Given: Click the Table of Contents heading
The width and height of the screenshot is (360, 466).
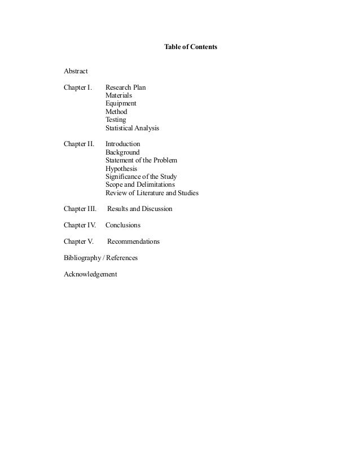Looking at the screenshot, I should click(190, 45).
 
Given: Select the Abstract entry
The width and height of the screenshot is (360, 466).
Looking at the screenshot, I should click(76, 72).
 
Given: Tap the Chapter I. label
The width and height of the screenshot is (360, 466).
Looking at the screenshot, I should click(78, 88).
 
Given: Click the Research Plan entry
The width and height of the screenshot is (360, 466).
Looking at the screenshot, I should click(125, 88).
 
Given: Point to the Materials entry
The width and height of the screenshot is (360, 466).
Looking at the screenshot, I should click(118, 96).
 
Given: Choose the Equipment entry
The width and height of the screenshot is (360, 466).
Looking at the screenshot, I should click(121, 104).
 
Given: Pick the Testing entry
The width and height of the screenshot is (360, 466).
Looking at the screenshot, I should click(116, 120).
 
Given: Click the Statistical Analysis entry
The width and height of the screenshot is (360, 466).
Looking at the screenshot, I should click(132, 128).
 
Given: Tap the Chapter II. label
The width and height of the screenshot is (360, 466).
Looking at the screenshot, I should click(79, 144).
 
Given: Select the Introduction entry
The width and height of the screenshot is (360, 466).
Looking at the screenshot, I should click(122, 144).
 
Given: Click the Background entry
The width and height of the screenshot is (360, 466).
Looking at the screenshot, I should click(122, 152).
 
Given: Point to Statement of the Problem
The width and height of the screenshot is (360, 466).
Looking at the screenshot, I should click(141, 160).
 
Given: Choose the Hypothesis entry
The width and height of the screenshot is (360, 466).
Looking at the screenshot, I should click(121, 169).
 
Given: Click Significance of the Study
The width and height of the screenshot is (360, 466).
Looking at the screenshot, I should click(141, 177).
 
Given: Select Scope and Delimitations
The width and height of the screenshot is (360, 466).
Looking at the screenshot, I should click(140, 184).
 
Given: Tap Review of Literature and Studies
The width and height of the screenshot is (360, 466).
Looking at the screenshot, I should click(152, 193).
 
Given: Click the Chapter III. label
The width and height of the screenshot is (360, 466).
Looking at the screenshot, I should click(80, 209).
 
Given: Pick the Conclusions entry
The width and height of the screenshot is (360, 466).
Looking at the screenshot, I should click(123, 225).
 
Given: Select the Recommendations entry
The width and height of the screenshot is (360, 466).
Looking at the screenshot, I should click(133, 241).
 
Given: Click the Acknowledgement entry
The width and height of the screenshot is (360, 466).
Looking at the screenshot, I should click(91, 274).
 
